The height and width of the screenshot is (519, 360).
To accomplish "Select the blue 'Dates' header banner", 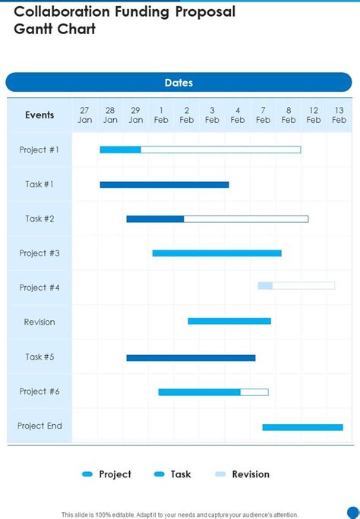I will point(179,83).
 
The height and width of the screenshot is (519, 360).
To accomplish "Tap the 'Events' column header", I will point(39,115).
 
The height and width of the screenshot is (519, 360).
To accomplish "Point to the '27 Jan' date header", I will point(85,115).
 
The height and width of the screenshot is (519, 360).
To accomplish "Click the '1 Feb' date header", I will point(161,115).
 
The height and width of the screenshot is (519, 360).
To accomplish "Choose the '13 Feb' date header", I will point(339,115).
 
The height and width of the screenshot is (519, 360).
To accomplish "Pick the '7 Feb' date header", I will point(263,115).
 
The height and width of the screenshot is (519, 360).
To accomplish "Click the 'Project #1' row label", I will point(39,149).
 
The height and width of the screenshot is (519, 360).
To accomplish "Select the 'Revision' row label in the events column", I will point(39,322).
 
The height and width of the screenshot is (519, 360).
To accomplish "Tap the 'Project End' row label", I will point(39,426).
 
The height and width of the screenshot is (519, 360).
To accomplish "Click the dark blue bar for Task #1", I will point(164,184).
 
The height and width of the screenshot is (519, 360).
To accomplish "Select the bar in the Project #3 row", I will point(216,253).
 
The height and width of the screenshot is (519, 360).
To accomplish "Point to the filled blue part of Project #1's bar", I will point(120,149).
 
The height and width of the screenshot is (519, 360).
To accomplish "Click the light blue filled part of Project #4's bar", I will point(264,286).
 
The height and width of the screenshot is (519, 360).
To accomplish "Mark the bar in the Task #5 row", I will point(191,357).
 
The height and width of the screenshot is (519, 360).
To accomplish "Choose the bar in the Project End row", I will point(302,427).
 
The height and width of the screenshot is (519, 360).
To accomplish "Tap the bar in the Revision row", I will point(229,321).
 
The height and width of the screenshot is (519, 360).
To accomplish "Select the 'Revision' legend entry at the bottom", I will point(242,474).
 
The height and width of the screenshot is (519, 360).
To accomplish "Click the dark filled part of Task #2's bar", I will point(155,219).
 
